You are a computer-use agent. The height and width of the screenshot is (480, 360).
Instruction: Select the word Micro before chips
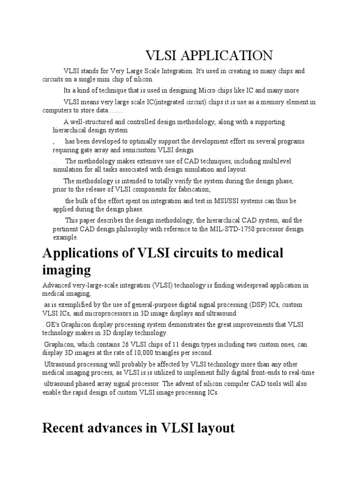point(212,90)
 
